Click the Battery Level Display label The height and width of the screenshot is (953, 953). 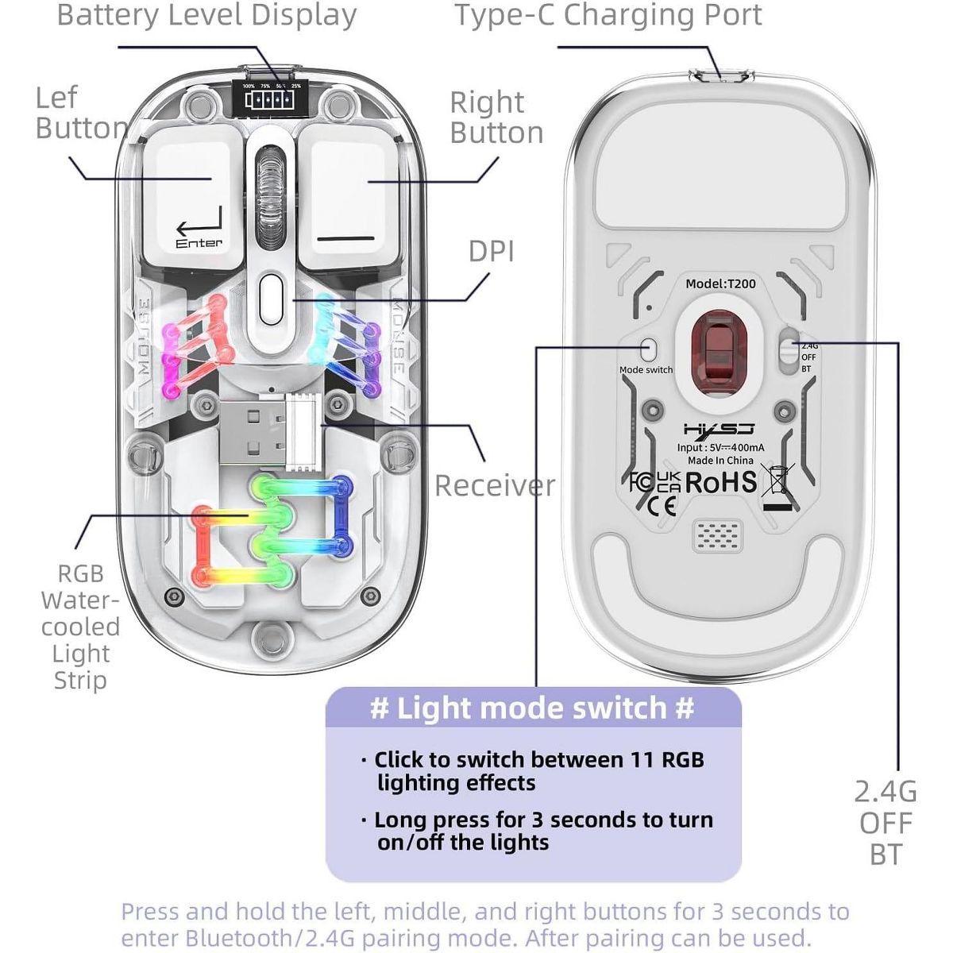pyautogui.click(x=206, y=16)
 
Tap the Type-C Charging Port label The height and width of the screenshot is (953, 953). pyautogui.click(x=608, y=16)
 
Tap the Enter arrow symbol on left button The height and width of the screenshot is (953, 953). pyautogui.click(x=199, y=222)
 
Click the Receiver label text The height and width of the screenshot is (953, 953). pyautogui.click(x=494, y=485)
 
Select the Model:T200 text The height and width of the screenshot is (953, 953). pyautogui.click(x=720, y=284)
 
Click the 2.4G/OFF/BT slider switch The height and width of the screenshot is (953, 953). pyautogui.click(x=788, y=349)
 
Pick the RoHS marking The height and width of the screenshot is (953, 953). pyautogui.click(x=720, y=482)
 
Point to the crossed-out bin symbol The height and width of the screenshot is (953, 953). pyautogui.click(x=776, y=481)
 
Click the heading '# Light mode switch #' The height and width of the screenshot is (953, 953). pyautogui.click(x=532, y=708)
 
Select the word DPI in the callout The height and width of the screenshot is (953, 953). pyautogui.click(x=491, y=251)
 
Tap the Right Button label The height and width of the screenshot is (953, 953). pyautogui.click(x=496, y=118)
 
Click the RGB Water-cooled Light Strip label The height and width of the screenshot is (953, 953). pyautogui.click(x=80, y=627)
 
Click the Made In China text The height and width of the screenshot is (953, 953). pyautogui.click(x=720, y=461)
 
